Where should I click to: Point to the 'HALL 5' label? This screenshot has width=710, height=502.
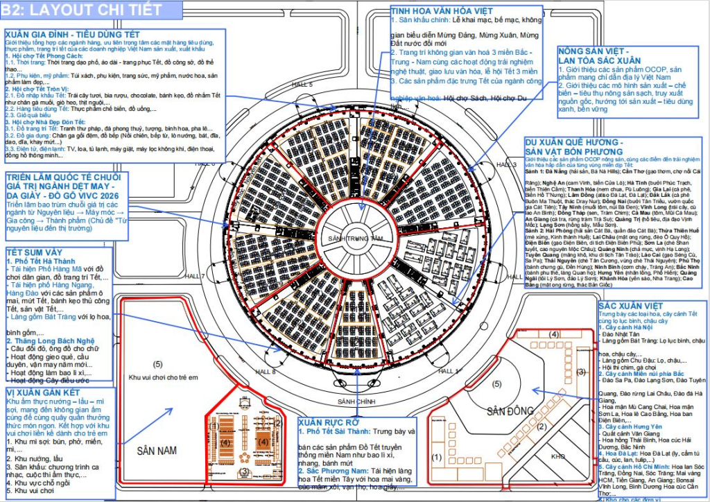pyautogui.click(x=302, y=84)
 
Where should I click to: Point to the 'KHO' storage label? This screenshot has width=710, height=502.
pyautogui.click(x=557, y=457)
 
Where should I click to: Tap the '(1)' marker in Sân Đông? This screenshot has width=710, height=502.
pyautogui.click(x=436, y=457)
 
